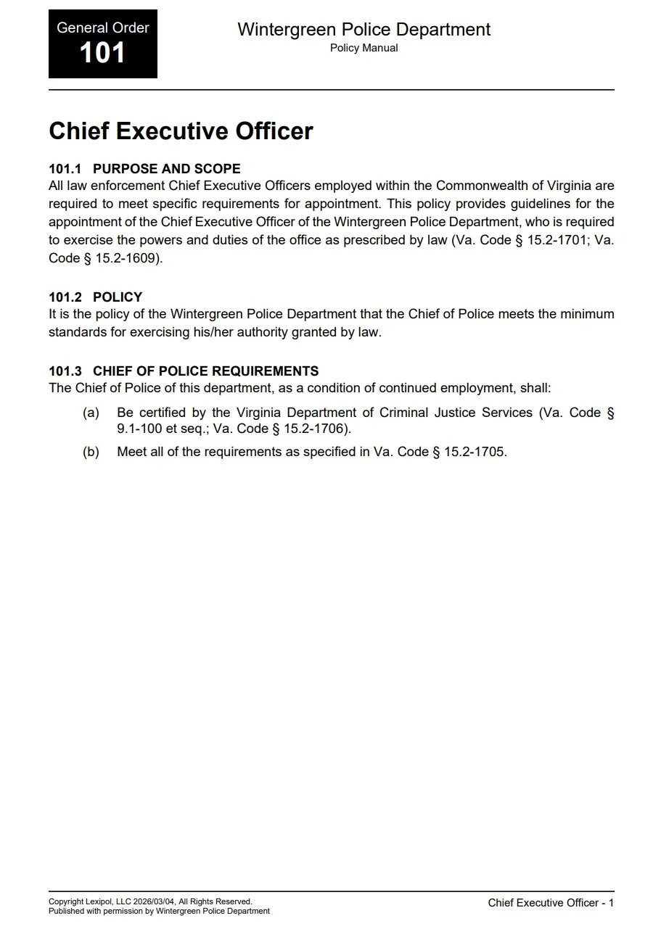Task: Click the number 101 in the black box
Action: pyautogui.click(x=102, y=53)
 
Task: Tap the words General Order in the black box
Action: pyautogui.click(x=102, y=28)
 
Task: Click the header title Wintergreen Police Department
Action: pyautogui.click(x=364, y=30)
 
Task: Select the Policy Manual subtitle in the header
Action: pyautogui.click(x=364, y=49)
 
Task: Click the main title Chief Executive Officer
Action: pyautogui.click(x=181, y=131)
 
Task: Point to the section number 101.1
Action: pyautogui.click(x=65, y=169)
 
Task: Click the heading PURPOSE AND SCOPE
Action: pyautogui.click(x=166, y=169)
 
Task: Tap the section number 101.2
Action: pyautogui.click(x=65, y=297)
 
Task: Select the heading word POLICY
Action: pyautogui.click(x=118, y=297)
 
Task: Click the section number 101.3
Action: pyautogui.click(x=65, y=371)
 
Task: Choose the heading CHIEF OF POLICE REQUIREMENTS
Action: pyautogui.click(x=205, y=371)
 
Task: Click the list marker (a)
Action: pyautogui.click(x=91, y=413)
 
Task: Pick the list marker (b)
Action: pyautogui.click(x=91, y=452)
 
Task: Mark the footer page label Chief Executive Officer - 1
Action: pyautogui.click(x=551, y=903)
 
